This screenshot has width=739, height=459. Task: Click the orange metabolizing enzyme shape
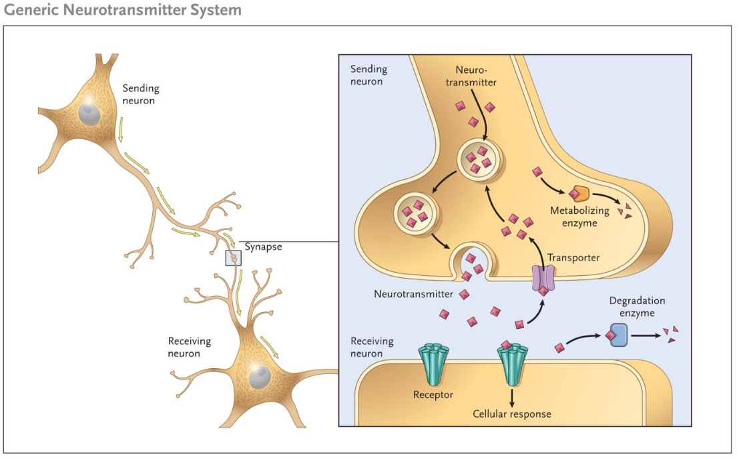click(579, 194)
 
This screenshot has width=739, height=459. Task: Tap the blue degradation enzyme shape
click(618, 335)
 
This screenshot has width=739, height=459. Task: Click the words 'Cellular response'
click(512, 414)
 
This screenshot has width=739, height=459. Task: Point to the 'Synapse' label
click(263, 247)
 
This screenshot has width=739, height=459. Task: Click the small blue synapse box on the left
click(234, 258)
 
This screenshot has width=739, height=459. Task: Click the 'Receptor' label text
click(433, 394)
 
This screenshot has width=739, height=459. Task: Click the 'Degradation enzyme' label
click(637, 307)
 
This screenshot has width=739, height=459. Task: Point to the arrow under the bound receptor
click(512, 397)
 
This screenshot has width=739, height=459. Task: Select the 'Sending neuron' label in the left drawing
click(141, 94)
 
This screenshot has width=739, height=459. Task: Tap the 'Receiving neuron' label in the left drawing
click(189, 347)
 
